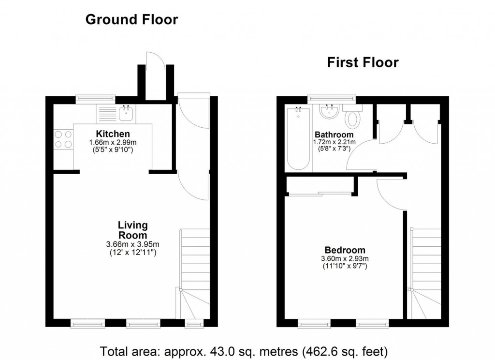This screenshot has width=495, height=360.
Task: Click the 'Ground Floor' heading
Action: (x=131, y=20)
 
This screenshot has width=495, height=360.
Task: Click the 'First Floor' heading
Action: (x=363, y=62)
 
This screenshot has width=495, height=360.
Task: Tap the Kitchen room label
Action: (x=113, y=134)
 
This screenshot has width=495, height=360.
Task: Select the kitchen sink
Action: (x=127, y=114)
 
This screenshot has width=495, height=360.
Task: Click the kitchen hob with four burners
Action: (x=63, y=139)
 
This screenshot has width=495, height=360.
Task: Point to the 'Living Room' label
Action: (x=132, y=230)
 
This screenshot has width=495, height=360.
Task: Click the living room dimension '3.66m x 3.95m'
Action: (x=132, y=244)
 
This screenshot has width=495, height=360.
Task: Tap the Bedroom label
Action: (x=345, y=250)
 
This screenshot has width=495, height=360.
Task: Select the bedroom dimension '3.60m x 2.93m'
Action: (x=345, y=259)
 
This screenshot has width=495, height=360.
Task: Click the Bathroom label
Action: (x=334, y=135)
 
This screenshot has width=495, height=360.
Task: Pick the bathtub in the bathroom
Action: (x=298, y=138)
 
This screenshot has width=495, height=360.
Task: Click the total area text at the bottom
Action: (x=244, y=350)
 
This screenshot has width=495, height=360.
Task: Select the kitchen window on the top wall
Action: (x=95, y=99)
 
